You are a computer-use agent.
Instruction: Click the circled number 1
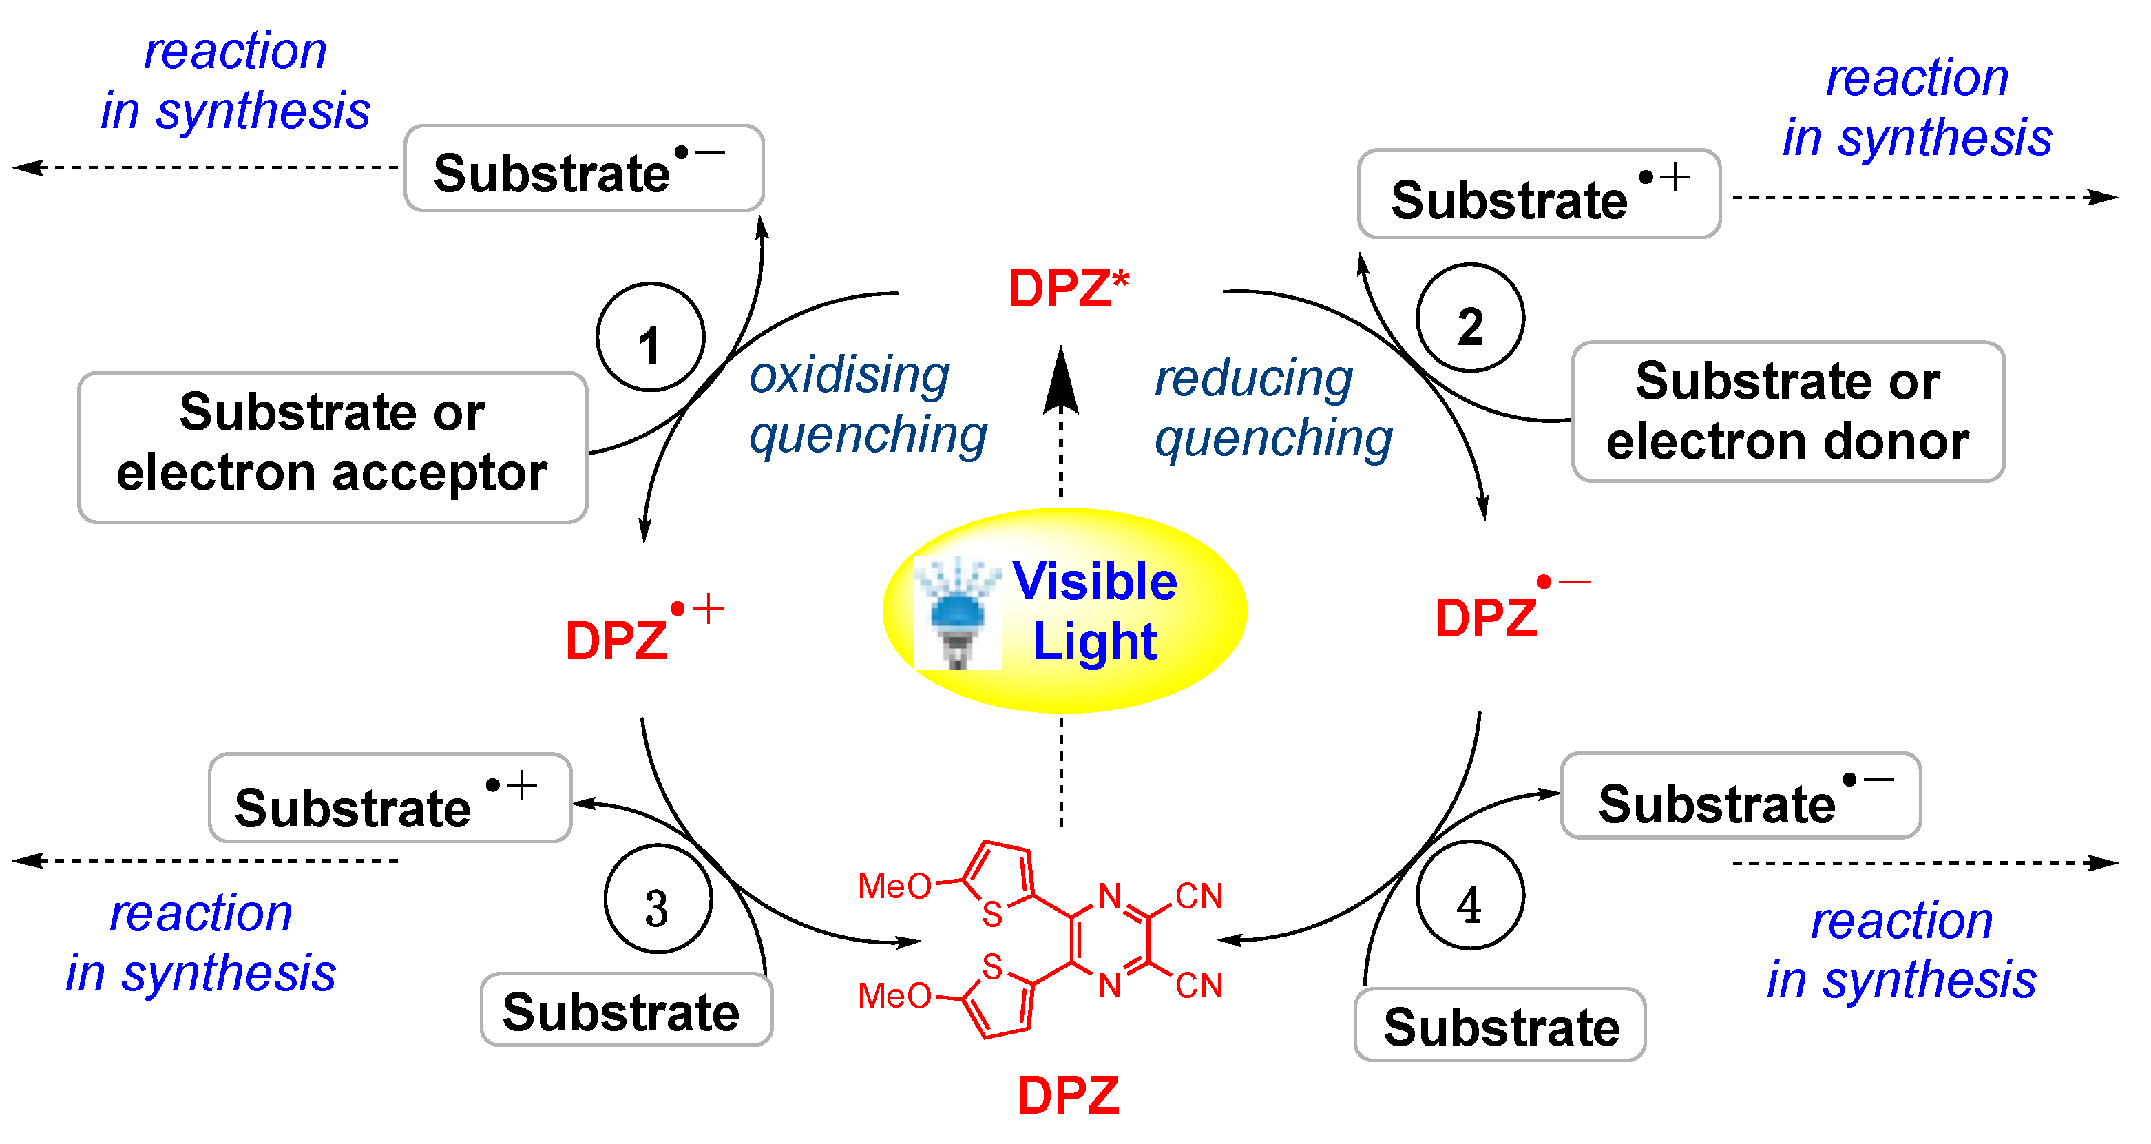651,338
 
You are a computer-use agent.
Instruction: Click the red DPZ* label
1068,289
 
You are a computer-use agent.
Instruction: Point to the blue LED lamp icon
957,614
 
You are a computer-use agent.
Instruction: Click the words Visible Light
1095,610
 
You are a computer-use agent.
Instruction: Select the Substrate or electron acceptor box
333,448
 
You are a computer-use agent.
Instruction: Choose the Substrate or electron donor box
1787,412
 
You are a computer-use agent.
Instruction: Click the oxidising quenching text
867,404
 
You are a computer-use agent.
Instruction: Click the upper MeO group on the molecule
894,886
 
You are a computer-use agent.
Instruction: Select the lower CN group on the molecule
1198,986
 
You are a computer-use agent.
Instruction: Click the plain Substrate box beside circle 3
625,1010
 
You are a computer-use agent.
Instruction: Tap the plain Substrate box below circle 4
1500,1026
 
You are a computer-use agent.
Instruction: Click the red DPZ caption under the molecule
1068,1094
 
